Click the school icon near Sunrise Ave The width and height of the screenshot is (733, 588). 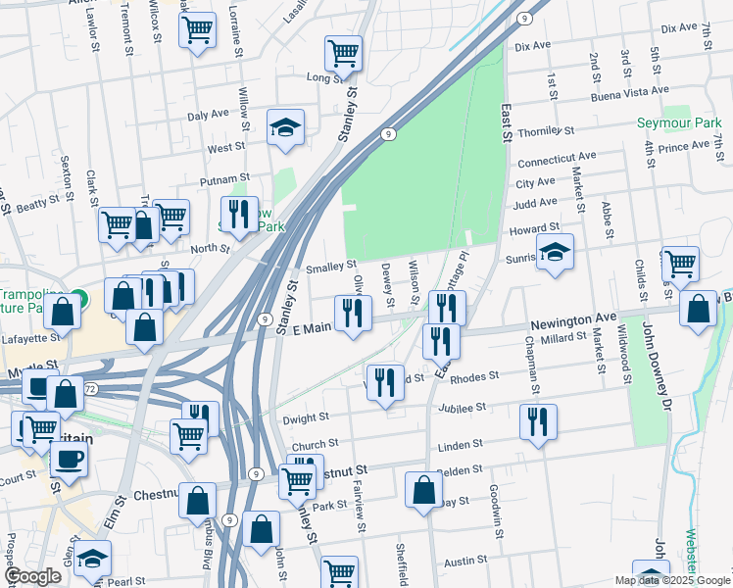[555, 254]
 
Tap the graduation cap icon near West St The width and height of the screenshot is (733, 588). [285, 128]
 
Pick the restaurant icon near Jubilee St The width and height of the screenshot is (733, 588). [538, 422]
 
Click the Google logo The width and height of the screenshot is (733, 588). [33, 576]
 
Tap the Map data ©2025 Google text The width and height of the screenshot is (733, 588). [671, 580]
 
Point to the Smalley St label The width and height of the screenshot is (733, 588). [330, 266]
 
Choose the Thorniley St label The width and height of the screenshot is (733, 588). [545, 131]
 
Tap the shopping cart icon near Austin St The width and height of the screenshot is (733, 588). [340, 571]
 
